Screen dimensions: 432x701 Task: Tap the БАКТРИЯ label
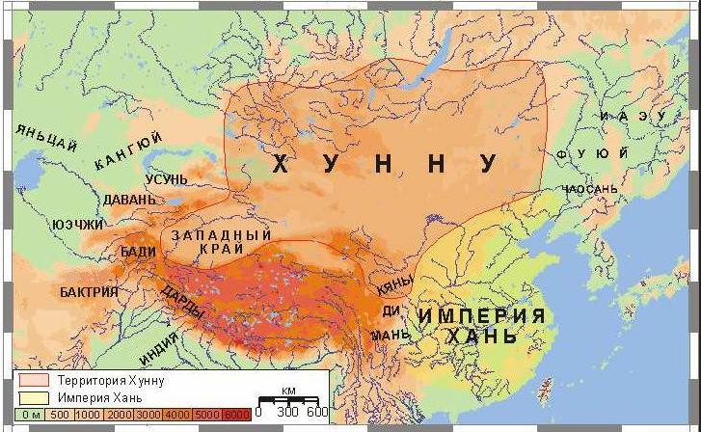pos(89,291)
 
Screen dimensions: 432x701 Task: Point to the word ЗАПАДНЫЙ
pos(221,235)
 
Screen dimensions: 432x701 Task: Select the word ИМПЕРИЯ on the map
pos(481,315)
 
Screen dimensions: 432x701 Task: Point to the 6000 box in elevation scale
pos(237,414)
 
